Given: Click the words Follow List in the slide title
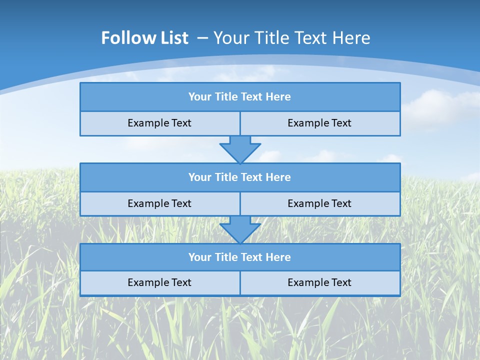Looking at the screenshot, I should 144,38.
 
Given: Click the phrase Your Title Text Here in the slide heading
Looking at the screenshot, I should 291,38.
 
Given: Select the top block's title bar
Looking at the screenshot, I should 240,97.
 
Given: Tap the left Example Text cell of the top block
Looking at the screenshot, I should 159,123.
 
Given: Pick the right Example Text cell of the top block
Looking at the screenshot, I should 319,123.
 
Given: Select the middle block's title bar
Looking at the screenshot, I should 240,177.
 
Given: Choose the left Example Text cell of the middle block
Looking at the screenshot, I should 159,203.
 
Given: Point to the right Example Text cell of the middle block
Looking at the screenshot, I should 319,203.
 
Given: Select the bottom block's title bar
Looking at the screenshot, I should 240,257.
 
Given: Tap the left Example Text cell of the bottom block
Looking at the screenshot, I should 159,282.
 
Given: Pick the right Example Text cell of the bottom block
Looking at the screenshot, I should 319,282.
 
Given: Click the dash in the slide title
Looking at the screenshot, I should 202,38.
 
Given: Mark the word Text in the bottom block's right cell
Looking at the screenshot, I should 340,282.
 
